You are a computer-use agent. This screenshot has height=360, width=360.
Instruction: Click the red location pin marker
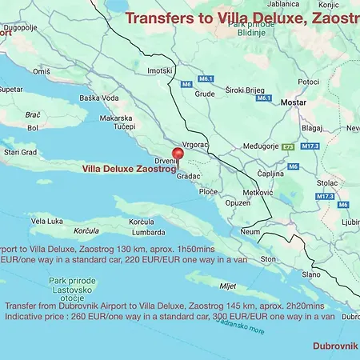point(178,154)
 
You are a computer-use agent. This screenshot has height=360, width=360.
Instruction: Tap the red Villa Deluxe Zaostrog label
point(129,170)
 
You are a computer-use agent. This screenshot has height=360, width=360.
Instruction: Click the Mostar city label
point(294,103)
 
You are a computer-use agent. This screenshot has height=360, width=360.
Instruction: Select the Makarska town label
point(115,118)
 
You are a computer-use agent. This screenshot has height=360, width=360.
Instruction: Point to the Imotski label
point(160,70)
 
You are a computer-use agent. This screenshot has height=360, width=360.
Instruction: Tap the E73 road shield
point(288,146)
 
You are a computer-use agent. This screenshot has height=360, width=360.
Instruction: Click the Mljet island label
point(228,286)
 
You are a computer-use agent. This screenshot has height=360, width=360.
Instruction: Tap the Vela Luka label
point(46,221)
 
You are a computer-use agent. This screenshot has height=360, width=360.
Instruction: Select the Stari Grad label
point(20,151)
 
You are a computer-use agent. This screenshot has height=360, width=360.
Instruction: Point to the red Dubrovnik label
point(334,346)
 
